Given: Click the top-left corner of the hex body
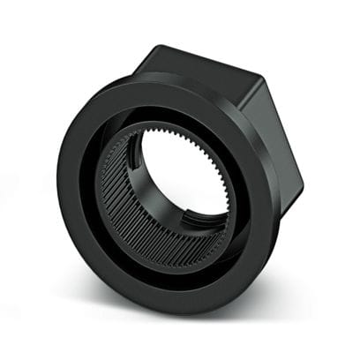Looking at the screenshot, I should (159, 46).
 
